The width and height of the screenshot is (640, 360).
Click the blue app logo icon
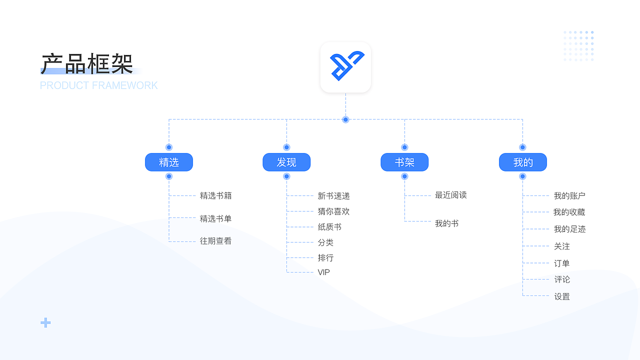tap(345, 67)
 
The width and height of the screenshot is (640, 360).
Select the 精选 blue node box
tap(169, 162)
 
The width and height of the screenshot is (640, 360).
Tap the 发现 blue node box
tap(286, 162)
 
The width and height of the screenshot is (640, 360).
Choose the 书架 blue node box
tap(404, 162)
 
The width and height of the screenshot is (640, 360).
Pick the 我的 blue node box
tap(523, 162)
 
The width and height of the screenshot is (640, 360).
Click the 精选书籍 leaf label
tap(216, 195)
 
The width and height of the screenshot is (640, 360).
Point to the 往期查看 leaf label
tap(216, 241)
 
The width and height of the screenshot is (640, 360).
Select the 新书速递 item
tap(334, 196)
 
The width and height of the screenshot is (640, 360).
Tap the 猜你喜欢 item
tap(334, 211)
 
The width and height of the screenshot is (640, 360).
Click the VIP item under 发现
tap(324, 272)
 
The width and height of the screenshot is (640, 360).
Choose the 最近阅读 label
tap(451, 195)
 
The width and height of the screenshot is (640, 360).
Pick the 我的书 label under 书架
tap(447, 223)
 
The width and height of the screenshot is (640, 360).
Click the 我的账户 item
tap(569, 196)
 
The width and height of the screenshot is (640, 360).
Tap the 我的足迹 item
tap(569, 229)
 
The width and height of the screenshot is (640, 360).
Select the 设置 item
tap(562, 296)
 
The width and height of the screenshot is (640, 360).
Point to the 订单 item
tap(562, 263)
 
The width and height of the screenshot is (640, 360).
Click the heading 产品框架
tap(87, 63)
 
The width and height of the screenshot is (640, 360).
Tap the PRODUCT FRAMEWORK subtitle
tap(99, 85)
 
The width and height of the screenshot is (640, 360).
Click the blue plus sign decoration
tap(45, 323)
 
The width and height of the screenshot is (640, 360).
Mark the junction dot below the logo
tap(345, 119)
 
